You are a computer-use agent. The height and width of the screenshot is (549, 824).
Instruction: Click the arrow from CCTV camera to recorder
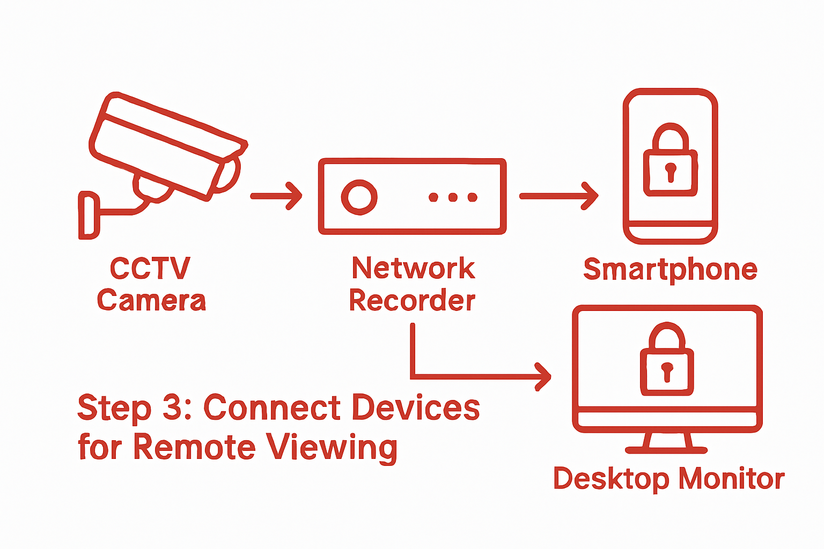coord(276,196)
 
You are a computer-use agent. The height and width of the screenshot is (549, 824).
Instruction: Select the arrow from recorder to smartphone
coord(558,196)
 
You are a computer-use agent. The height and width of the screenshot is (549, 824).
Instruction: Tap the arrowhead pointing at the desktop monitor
coord(543,376)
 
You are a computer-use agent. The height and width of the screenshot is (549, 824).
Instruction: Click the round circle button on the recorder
coord(359,197)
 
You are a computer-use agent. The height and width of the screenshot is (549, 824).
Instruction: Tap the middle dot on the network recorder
coord(453,197)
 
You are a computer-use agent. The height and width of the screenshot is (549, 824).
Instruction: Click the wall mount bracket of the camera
coord(89,215)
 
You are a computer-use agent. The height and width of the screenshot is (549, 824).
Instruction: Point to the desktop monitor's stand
coord(667,442)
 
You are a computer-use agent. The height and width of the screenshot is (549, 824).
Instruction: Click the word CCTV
coord(150,269)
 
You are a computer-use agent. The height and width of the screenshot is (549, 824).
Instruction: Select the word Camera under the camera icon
coord(151,301)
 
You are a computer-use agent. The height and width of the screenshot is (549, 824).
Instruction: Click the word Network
coord(413,269)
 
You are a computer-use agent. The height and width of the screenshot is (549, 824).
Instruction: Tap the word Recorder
coord(412,301)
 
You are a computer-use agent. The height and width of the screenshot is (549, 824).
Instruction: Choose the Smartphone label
coord(670,270)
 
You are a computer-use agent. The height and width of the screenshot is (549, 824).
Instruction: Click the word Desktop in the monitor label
coord(611,479)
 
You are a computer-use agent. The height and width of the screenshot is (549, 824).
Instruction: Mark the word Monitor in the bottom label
coord(731,479)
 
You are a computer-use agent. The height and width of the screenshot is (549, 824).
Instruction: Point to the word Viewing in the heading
coord(332,448)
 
